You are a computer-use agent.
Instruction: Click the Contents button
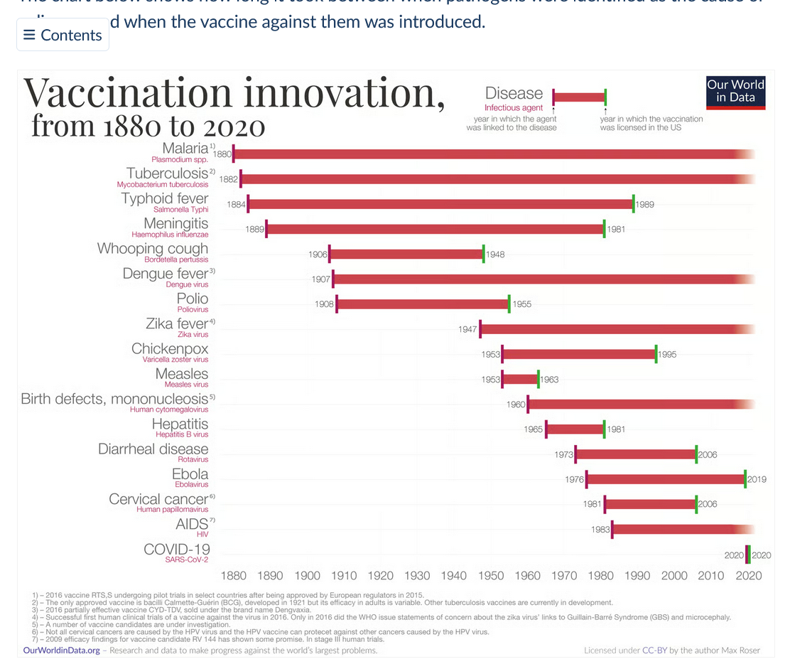coord(63,35)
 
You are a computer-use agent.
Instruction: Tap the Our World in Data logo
coord(735,92)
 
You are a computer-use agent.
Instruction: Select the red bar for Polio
coord(423,304)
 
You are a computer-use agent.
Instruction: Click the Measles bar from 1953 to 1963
coord(520,379)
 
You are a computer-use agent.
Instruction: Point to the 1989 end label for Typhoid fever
coord(645,205)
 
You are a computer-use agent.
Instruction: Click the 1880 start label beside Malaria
coord(222,154)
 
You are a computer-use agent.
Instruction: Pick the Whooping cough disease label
coord(153,249)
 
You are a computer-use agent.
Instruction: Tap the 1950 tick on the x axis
coord(491,576)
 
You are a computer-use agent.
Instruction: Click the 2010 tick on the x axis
coord(711,576)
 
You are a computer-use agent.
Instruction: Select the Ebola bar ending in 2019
coord(666,479)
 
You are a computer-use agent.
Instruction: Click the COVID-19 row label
coord(177,550)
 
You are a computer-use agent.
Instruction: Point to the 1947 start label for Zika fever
coord(467,330)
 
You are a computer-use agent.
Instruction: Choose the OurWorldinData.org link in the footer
coord(62,650)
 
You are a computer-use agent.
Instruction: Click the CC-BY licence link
coord(653,650)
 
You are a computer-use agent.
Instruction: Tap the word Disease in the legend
coord(514,93)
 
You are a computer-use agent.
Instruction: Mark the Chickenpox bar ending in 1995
coord(579,354)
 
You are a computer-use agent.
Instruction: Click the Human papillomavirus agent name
coord(173,509)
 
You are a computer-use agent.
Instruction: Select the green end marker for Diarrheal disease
coord(696,454)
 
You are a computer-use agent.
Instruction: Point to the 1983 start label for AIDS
coord(600,530)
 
